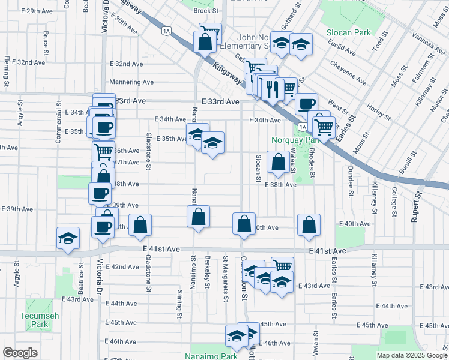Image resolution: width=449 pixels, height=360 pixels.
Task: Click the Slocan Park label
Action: click(x=349, y=32)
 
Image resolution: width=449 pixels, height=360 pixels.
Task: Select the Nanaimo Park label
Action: click(x=211, y=356)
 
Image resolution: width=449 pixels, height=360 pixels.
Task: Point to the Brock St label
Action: click(x=205, y=11)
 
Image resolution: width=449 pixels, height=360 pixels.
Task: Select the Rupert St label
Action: click(x=414, y=210)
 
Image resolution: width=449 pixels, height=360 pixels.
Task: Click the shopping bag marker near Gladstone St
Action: click(x=140, y=226)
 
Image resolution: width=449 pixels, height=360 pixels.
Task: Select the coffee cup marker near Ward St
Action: click(x=306, y=103)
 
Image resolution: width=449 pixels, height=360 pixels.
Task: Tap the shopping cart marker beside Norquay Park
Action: click(x=324, y=126)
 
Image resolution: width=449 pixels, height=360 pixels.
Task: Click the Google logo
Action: click(x=20, y=353)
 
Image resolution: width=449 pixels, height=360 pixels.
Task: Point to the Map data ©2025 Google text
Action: click(x=411, y=355)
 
